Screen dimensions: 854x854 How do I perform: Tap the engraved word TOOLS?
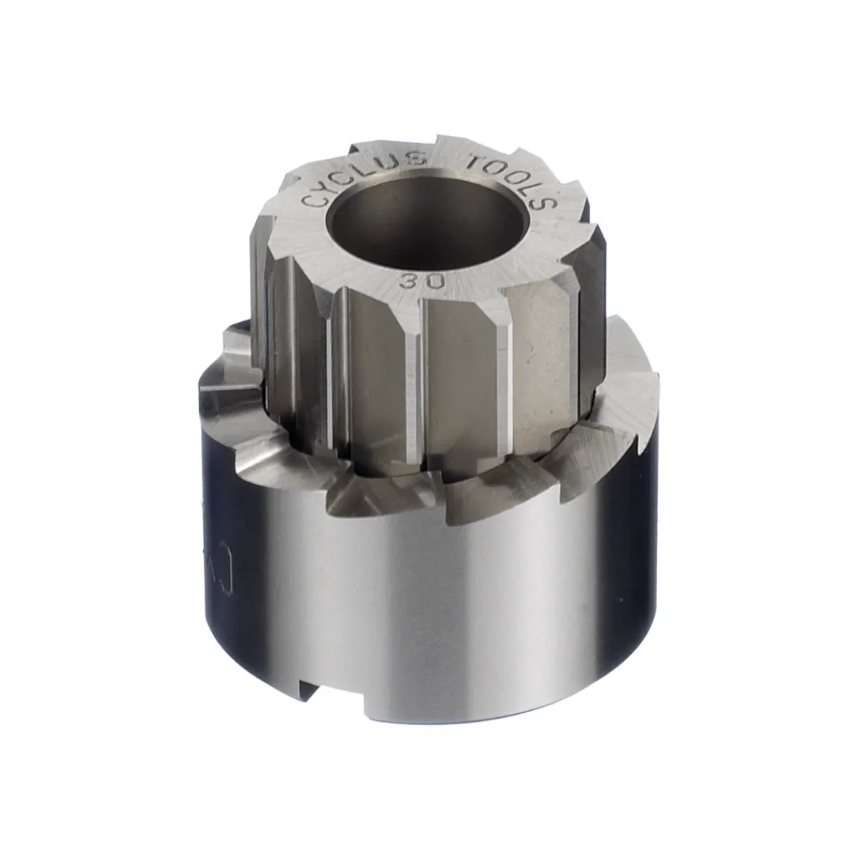(x=515, y=179)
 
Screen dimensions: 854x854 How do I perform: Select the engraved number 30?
(x=421, y=280)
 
